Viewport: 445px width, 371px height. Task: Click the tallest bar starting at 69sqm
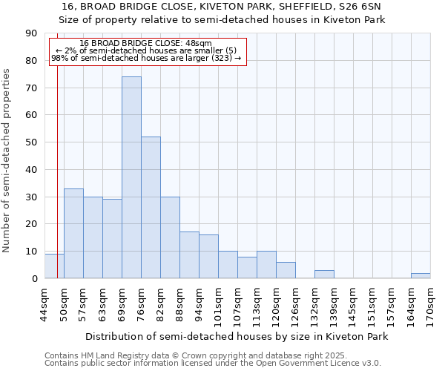click(x=131, y=178)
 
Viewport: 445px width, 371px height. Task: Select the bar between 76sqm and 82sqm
click(x=151, y=208)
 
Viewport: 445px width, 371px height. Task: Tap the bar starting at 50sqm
click(x=73, y=234)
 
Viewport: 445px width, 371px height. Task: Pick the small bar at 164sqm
click(x=421, y=275)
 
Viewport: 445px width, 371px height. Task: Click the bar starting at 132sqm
click(x=324, y=274)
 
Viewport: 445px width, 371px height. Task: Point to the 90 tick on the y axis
click(x=31, y=33)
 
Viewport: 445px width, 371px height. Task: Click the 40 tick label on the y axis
click(x=31, y=170)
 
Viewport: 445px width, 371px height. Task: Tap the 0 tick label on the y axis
click(x=34, y=279)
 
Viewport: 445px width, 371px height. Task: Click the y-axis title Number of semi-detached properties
click(x=7, y=160)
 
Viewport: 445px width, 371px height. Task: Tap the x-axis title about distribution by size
click(x=237, y=337)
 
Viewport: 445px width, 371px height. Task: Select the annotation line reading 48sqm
click(x=146, y=44)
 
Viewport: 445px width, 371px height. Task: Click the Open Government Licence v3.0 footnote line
click(x=212, y=364)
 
